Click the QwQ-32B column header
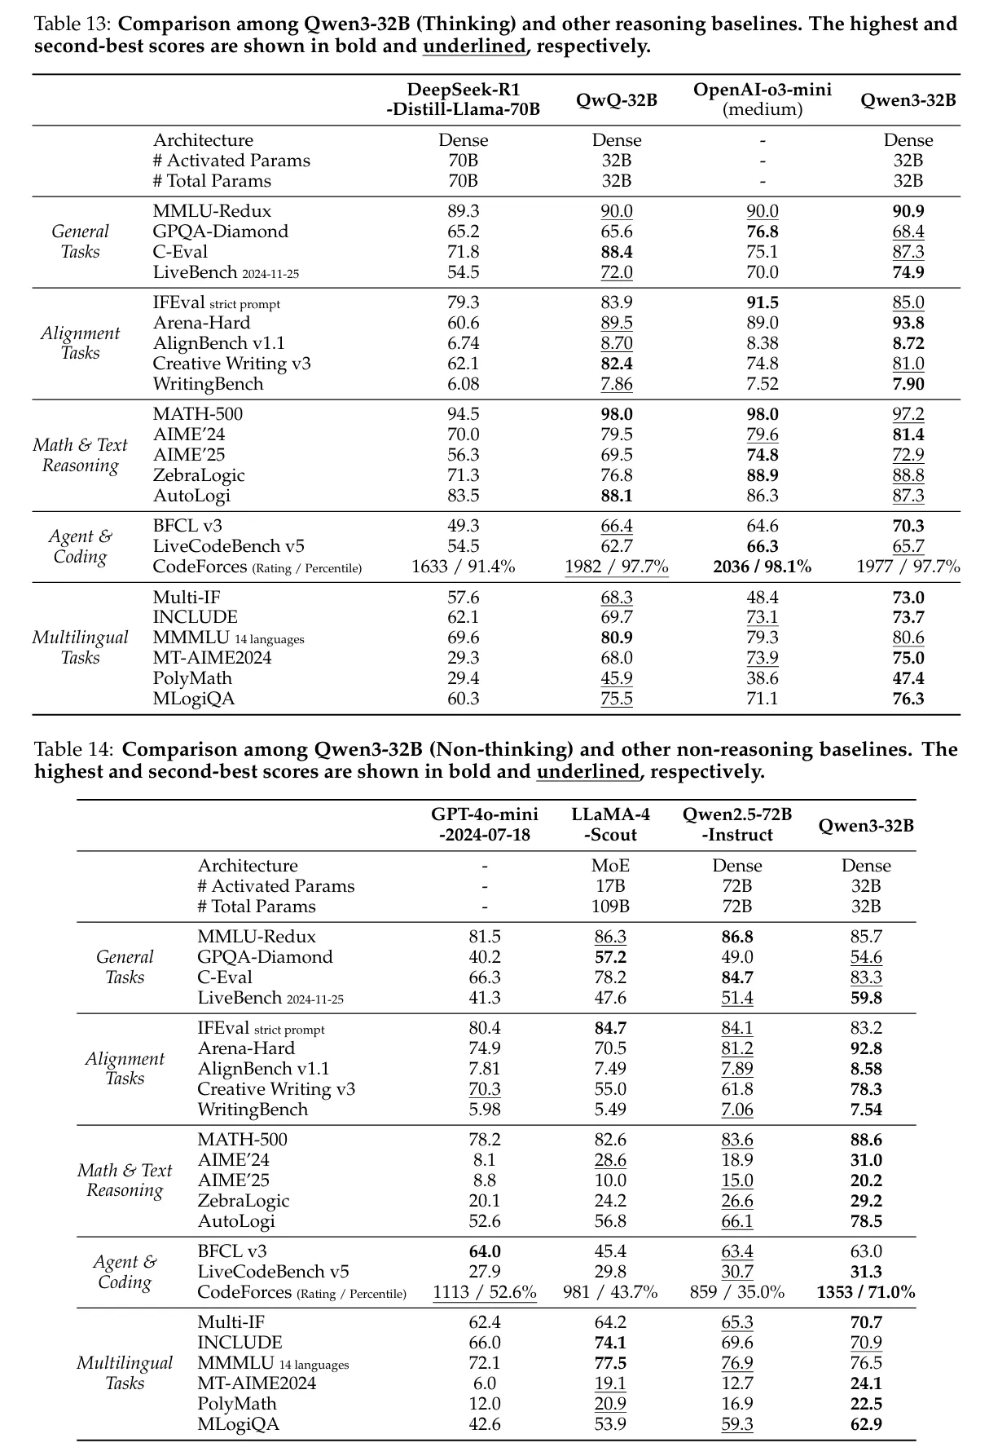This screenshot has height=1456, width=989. [617, 100]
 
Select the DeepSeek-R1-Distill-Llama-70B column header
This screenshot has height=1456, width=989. [463, 99]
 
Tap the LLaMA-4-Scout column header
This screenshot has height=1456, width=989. [610, 824]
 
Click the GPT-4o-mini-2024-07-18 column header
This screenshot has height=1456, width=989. [485, 824]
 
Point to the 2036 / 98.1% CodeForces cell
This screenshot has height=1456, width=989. [762, 567]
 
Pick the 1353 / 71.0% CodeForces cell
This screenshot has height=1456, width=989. [865, 1292]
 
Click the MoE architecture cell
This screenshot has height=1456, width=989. [610, 866]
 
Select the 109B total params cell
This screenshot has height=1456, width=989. [610, 907]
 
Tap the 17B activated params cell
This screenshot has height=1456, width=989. [610, 886]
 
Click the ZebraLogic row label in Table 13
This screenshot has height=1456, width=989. [199, 475]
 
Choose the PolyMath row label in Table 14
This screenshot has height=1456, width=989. [237, 1404]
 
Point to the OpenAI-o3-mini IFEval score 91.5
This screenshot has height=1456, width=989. [762, 302]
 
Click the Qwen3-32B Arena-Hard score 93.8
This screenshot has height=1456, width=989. [908, 323]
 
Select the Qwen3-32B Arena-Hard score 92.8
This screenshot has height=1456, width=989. [865, 1048]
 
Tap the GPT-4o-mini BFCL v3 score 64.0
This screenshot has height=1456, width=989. [485, 1251]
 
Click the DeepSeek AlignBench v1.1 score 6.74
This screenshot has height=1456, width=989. [463, 343]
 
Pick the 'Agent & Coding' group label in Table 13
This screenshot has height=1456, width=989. [80, 546]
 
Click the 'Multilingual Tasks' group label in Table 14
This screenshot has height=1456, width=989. [125, 1373]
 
